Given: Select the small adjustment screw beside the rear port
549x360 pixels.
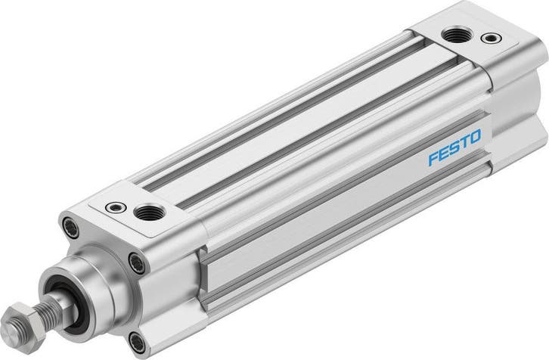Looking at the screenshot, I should [x=495, y=37].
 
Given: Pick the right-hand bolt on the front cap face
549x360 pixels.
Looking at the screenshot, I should [x=136, y=262].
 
